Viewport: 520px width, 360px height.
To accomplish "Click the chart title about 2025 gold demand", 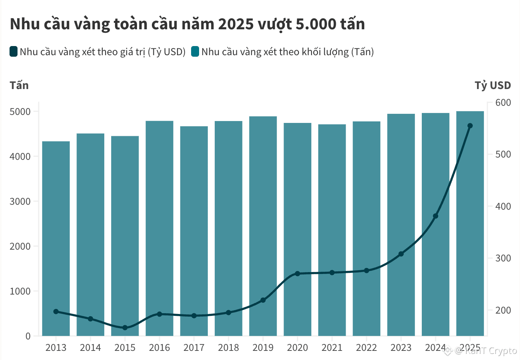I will (x=187, y=24).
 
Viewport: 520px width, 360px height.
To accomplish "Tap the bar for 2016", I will (x=160, y=228).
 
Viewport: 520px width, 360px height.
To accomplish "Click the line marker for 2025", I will (x=470, y=126).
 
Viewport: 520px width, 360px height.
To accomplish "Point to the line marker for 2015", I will (x=125, y=328).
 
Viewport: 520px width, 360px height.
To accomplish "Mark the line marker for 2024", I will (x=435, y=216).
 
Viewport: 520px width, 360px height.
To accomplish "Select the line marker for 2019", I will (x=263, y=300).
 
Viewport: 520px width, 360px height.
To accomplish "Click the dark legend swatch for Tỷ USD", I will (x=14, y=51).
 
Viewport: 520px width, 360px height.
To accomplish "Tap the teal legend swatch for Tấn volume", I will (x=195, y=51).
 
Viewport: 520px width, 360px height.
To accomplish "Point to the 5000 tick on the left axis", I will (x=20, y=112).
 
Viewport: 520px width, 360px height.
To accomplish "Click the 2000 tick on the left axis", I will (x=20, y=246).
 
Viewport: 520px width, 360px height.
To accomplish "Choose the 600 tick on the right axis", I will (x=503, y=103).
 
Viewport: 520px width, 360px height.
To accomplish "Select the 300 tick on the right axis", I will (x=503, y=258).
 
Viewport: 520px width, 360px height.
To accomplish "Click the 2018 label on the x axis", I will (x=228, y=347).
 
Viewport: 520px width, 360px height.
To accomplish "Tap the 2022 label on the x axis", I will (x=366, y=347).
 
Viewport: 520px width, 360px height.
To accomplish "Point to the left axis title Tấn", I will (x=19, y=85).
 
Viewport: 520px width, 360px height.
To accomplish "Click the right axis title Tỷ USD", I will (x=493, y=85).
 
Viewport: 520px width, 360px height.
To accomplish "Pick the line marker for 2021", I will (x=332, y=272).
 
